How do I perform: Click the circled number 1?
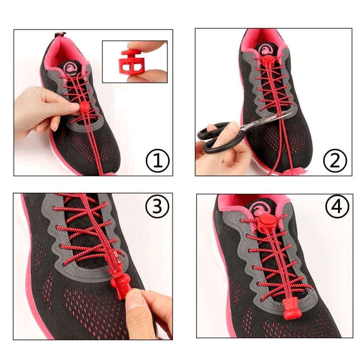pyautogui.click(x=157, y=161)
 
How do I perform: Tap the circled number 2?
pyautogui.click(x=335, y=161)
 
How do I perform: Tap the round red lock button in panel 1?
pyautogui.click(x=84, y=107)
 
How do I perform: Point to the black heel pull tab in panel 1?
pyautogui.click(x=60, y=35)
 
